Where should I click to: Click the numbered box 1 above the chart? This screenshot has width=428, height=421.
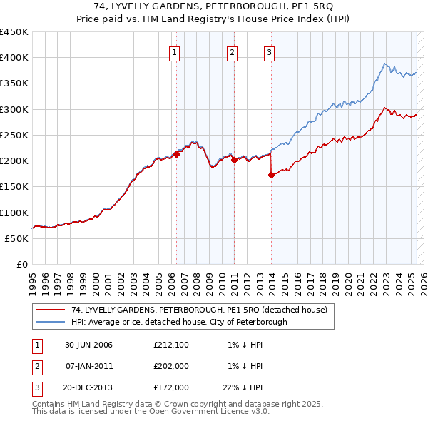pos(175,51)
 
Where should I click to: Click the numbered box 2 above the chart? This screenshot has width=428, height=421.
pos(233,51)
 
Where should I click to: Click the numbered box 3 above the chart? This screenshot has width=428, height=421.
pos(269,51)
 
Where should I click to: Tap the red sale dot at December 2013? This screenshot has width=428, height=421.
pos(271,175)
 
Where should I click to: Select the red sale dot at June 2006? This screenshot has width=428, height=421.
pos(176,154)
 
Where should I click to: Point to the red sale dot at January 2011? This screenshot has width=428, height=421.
pos(233,160)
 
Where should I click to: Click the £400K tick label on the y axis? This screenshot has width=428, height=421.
pos(14,58)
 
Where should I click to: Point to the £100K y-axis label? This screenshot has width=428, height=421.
pos(14,213)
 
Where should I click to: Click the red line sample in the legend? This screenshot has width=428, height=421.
pos(50,310)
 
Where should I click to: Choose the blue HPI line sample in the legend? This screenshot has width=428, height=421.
pos(50,322)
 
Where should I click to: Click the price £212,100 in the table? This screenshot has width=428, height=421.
pos(171,345)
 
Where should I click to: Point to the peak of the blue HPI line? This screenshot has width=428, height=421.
pos(384,63)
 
